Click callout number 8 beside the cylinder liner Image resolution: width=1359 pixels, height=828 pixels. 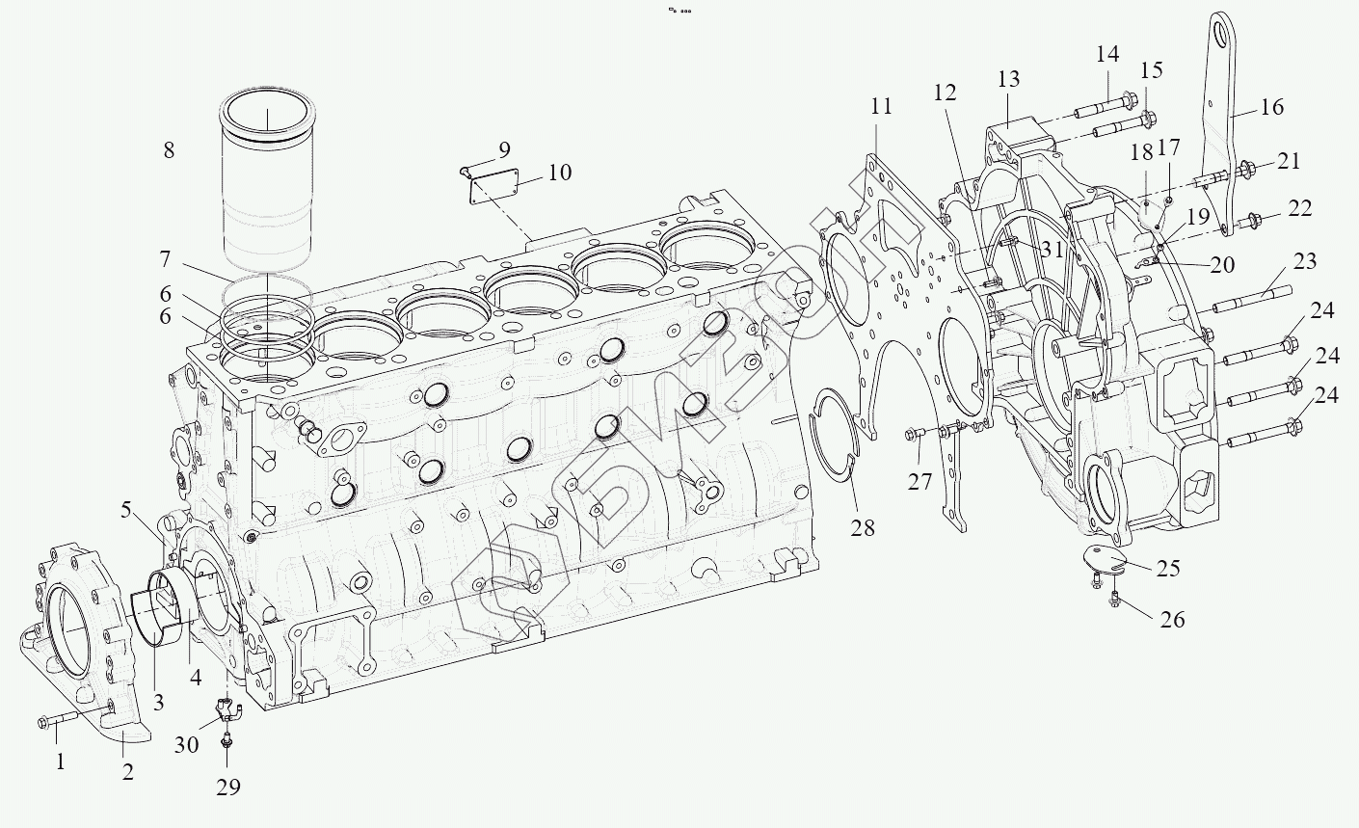point(170,150)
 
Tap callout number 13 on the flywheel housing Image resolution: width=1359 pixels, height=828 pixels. point(1008,78)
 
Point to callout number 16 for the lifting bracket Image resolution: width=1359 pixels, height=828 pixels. point(1272,106)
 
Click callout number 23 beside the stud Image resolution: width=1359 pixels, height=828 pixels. point(1305,261)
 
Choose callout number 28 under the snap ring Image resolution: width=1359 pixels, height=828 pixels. point(863,527)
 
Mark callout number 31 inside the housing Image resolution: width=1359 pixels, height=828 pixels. point(1052,249)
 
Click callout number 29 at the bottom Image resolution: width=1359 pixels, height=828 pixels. point(227,788)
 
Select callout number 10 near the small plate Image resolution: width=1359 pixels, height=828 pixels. point(559,173)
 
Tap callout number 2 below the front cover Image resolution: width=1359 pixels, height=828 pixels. point(127,771)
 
